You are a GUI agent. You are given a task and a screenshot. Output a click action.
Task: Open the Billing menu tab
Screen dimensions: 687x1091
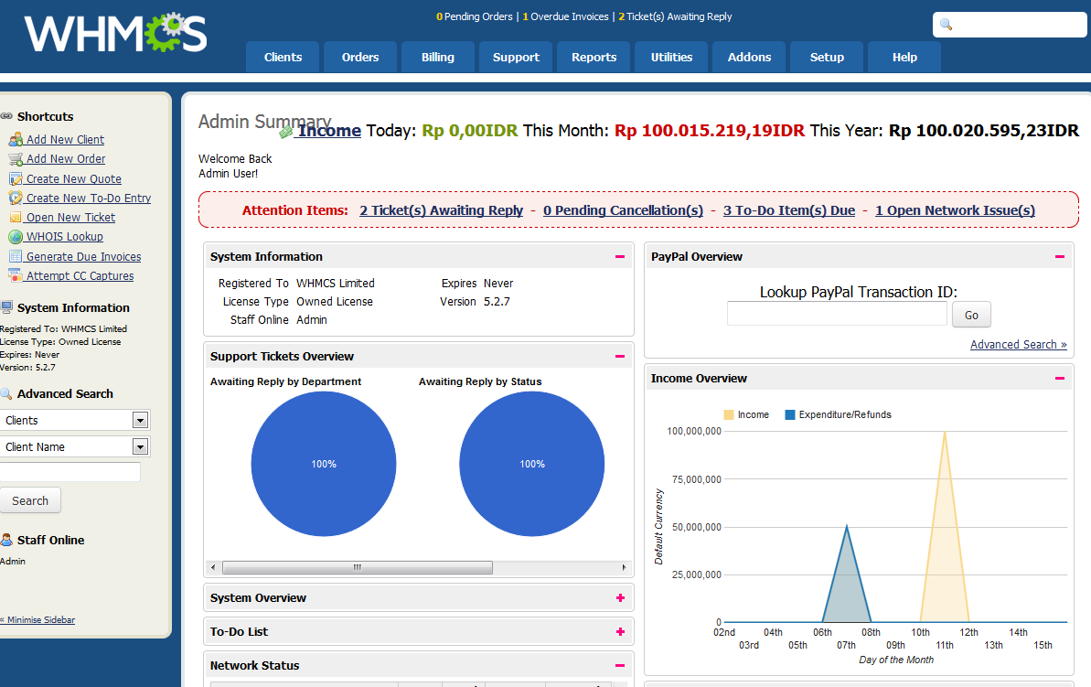point(438,57)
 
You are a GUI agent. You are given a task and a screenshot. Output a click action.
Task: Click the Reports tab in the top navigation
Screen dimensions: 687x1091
point(594,57)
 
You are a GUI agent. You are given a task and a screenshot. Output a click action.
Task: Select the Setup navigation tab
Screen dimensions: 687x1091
point(827,57)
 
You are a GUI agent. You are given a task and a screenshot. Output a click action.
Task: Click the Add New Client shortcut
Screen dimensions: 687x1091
point(65,140)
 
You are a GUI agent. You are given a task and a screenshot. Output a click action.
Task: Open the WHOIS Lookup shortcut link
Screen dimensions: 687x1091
point(64,237)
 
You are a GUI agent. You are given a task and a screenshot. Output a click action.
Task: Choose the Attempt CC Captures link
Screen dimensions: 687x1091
point(80,276)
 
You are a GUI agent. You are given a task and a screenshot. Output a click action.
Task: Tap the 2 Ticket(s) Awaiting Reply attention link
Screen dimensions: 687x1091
point(441,210)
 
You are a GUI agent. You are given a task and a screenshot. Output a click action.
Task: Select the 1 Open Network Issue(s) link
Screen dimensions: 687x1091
point(955,210)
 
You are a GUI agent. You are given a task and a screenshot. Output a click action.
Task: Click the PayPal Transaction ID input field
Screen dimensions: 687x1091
point(837,315)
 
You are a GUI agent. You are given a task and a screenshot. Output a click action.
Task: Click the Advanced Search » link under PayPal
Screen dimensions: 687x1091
point(1018,345)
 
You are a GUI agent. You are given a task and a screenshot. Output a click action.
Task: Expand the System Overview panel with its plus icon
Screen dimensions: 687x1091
point(620,598)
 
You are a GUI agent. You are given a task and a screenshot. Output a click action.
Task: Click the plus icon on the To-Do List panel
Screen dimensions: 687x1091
point(620,632)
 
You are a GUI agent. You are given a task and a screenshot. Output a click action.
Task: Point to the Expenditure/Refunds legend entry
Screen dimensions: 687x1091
point(837,414)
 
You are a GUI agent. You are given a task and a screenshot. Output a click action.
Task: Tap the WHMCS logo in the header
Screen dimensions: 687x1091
point(116,35)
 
